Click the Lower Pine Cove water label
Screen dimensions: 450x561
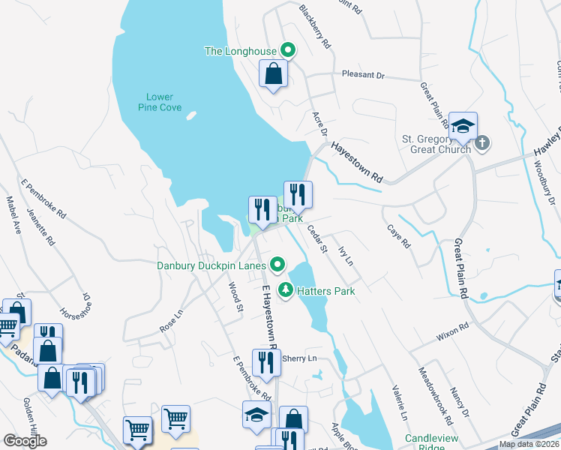pyautogui.click(x=160, y=102)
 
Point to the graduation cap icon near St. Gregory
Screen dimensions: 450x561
pyautogui.click(x=463, y=125)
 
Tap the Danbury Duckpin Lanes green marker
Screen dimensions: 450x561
pyautogui.click(x=278, y=264)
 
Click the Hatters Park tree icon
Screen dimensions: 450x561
pyautogui.click(x=285, y=290)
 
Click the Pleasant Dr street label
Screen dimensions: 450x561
pyautogui.click(x=362, y=76)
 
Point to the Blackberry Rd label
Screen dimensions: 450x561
pyautogui.click(x=315, y=27)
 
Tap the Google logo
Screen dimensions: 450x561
pyautogui.click(x=26, y=440)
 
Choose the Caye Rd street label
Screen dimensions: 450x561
pyautogui.click(x=398, y=236)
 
